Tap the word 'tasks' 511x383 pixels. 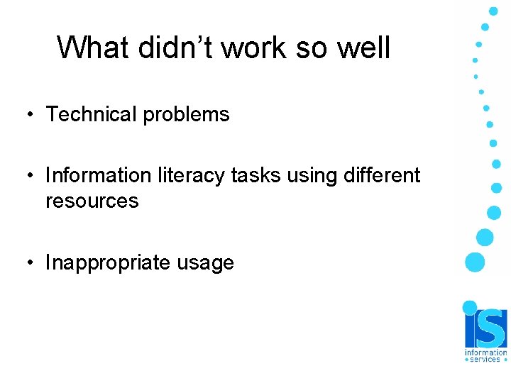[x=249, y=175]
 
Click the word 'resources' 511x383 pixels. [x=92, y=201]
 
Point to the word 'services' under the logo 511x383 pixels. [x=486, y=360]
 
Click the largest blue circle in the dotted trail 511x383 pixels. [x=475, y=262]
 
